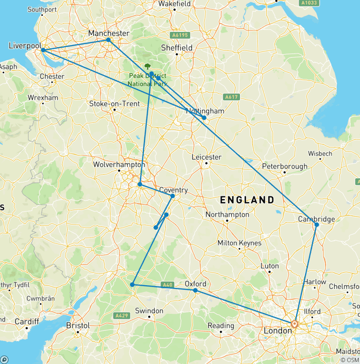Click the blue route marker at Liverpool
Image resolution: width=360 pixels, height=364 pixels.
click(x=43, y=50)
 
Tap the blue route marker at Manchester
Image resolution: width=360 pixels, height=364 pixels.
click(x=108, y=40)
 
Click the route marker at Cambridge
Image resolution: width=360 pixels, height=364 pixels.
click(x=316, y=225)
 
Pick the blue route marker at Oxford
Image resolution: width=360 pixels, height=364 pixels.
click(x=195, y=290)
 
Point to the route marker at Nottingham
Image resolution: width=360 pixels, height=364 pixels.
click(x=204, y=117)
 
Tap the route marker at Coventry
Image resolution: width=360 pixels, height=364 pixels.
click(x=172, y=196)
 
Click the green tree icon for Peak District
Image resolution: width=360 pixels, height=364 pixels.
click(x=148, y=67)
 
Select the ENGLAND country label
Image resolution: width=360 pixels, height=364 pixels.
click(x=247, y=200)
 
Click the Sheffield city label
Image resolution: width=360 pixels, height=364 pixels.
click(x=177, y=47)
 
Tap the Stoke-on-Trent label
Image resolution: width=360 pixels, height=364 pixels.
click(x=115, y=103)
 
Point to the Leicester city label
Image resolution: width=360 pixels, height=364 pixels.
click(x=206, y=157)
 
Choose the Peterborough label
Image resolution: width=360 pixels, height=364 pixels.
click(x=285, y=166)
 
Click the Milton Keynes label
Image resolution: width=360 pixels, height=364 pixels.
click(x=239, y=243)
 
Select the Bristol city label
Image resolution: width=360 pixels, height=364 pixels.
click(x=78, y=325)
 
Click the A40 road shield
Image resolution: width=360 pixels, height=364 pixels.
click(x=167, y=284)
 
